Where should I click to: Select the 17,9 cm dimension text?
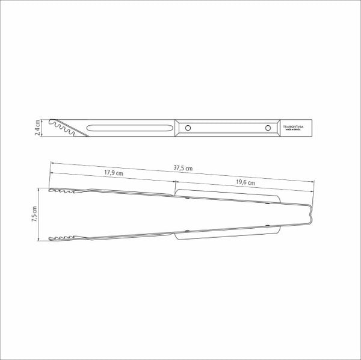(x=113, y=173)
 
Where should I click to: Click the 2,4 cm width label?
(x=37, y=128)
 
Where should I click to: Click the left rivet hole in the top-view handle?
(x=188, y=128)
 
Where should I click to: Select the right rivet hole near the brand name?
(x=267, y=128)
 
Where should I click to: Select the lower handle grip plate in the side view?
(x=227, y=232)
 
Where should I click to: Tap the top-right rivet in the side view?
(x=268, y=203)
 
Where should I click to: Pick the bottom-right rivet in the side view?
(x=268, y=227)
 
